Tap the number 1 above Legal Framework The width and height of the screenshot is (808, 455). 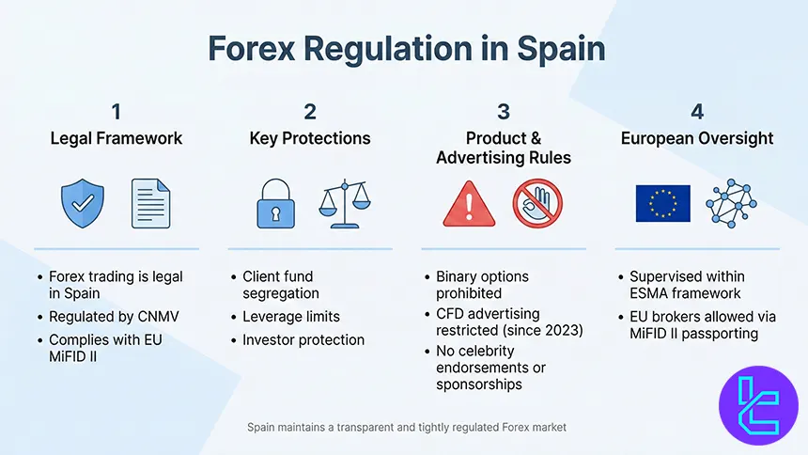coord(116,112)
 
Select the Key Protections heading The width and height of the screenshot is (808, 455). coord(310,138)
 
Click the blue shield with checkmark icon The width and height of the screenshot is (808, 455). coord(82,203)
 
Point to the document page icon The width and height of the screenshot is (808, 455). coord(150,203)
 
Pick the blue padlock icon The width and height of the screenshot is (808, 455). coord(276,203)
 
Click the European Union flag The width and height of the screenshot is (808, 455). coord(662,203)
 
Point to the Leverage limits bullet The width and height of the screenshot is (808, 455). coord(290,318)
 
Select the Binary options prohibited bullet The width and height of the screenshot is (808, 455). coord(482,285)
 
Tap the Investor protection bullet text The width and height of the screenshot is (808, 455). coord(303,339)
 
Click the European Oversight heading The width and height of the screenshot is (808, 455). coord(697,138)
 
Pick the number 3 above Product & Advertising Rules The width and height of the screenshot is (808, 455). coord(504,112)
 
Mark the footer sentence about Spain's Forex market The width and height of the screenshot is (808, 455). coord(406,427)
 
